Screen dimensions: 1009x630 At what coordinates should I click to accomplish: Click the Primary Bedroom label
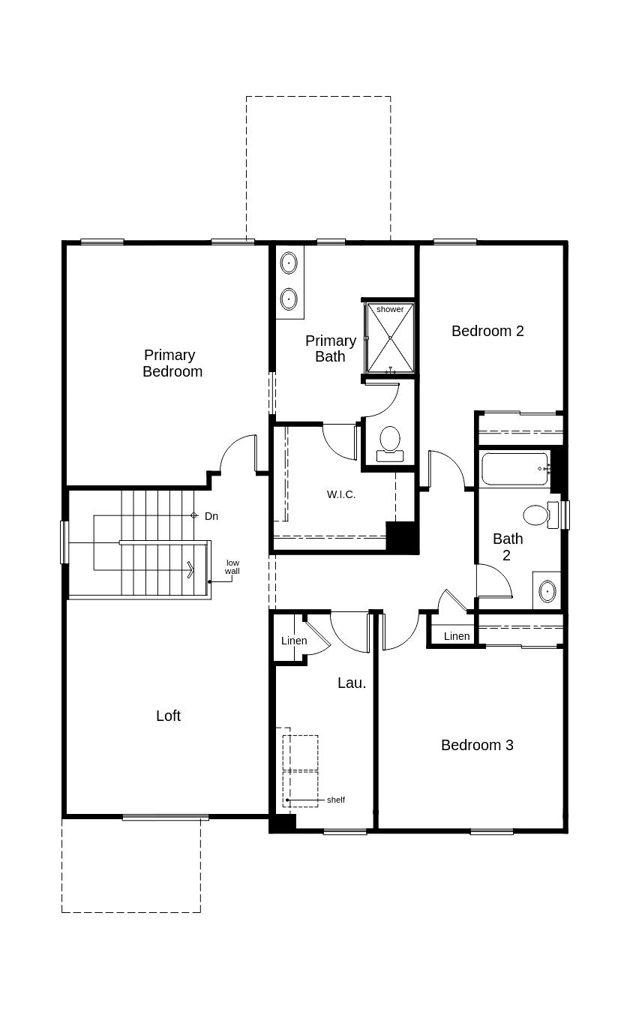point(171,363)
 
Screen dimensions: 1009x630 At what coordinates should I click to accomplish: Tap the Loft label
point(168,716)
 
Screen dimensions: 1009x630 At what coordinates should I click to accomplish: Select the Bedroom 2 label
point(487,331)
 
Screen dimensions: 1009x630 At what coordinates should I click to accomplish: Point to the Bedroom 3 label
point(477,745)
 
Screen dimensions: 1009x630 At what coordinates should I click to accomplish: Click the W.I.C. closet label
point(341,494)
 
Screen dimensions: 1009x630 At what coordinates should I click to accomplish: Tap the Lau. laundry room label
point(352,683)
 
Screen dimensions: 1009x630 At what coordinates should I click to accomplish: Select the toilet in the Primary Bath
point(389,441)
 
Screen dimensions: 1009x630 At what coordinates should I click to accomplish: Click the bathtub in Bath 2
point(515,469)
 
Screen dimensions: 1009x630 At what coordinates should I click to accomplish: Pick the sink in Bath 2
point(547,591)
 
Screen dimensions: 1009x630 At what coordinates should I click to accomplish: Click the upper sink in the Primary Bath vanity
point(289,263)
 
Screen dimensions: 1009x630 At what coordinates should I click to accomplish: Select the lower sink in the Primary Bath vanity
point(289,299)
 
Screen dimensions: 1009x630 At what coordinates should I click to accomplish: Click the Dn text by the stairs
point(211,516)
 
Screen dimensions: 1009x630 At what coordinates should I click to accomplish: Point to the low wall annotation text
point(232,567)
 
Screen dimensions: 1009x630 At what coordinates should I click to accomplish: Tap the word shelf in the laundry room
point(336,800)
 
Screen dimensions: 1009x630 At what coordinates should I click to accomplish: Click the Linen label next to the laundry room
point(294,641)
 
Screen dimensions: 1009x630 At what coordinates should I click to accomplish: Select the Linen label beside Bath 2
point(457,636)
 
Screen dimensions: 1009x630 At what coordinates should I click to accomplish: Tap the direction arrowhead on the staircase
point(190,571)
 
